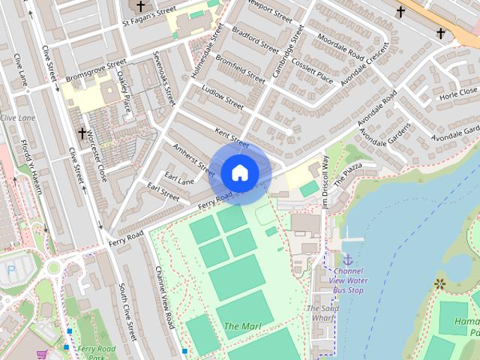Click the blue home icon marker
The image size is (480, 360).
(x=239, y=172)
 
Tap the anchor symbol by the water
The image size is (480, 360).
(x=347, y=259)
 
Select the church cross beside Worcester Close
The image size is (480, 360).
(x=82, y=133)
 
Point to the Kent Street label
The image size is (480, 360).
(x=231, y=138)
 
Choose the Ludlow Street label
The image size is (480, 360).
(x=223, y=97)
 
